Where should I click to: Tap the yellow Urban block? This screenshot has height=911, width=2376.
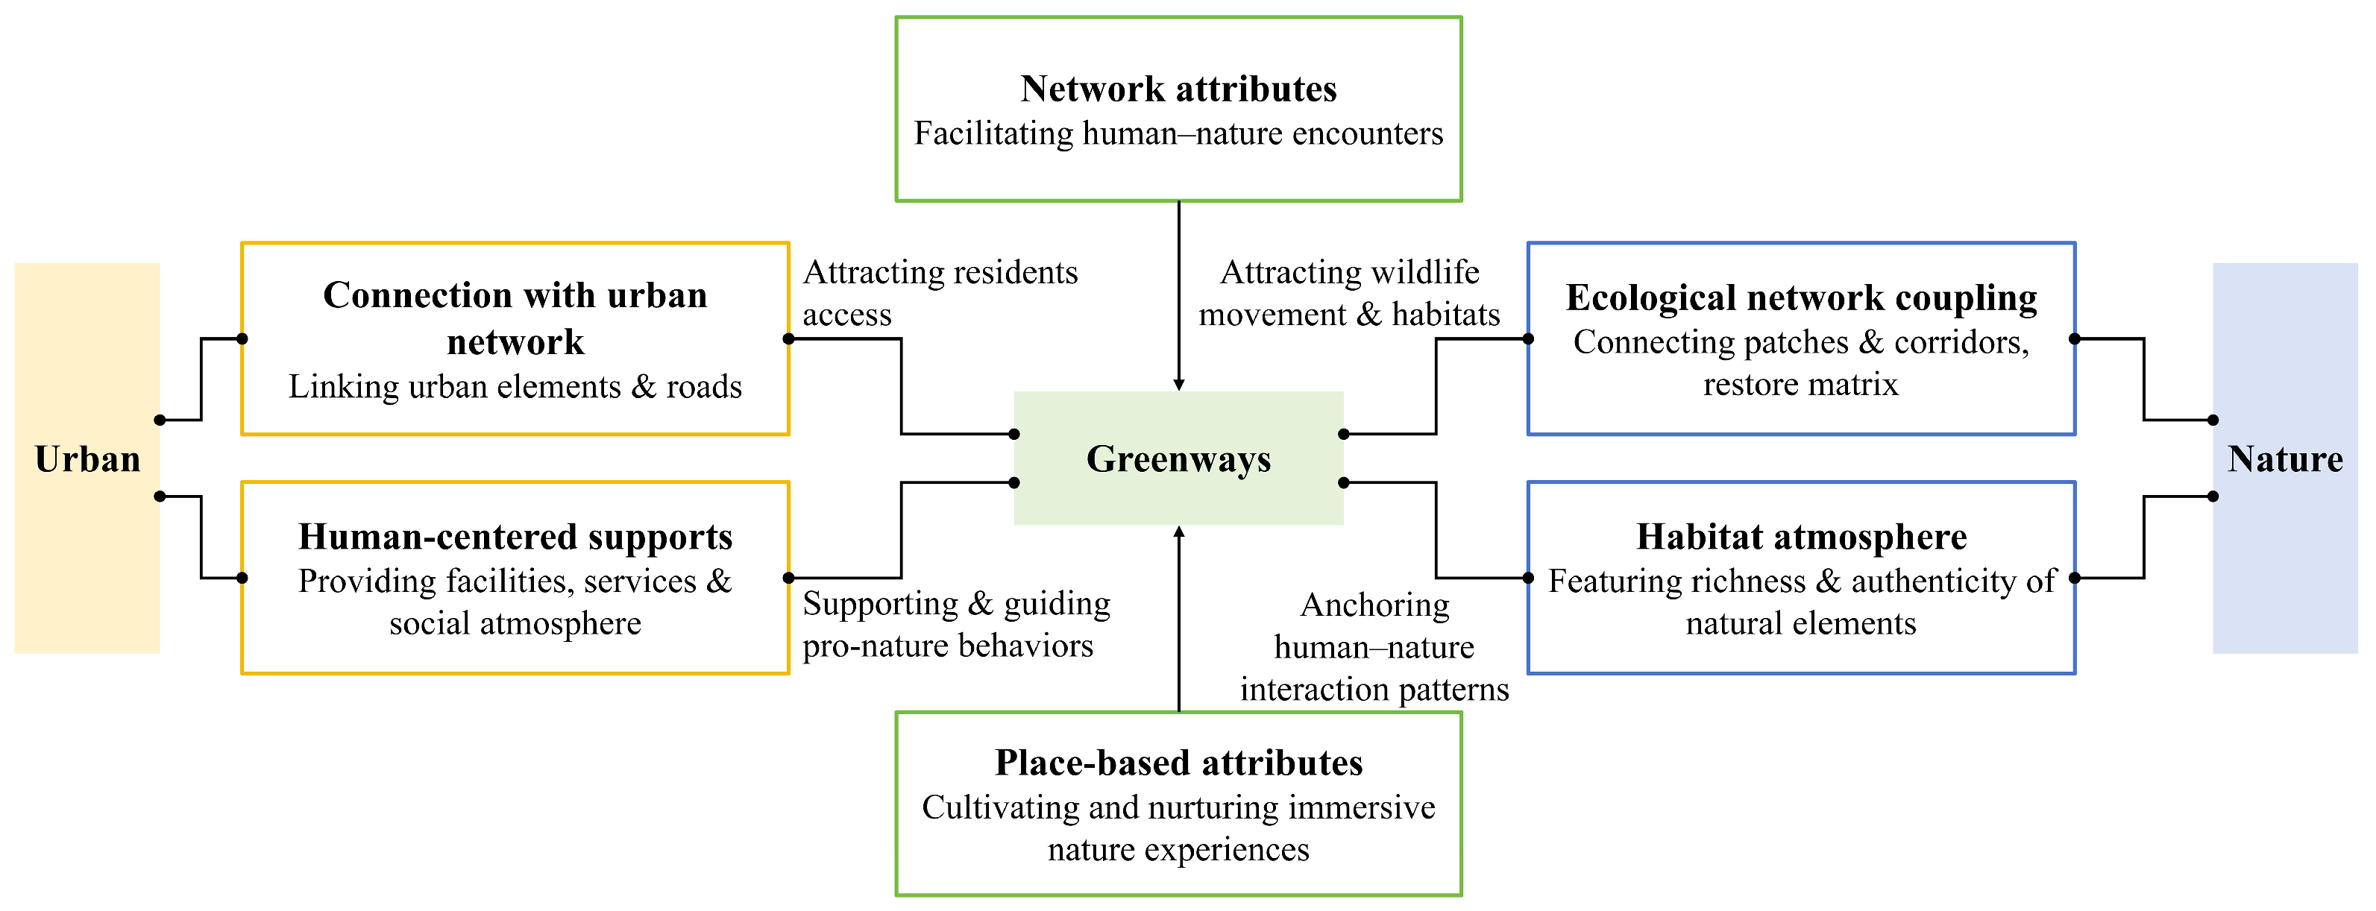pyautogui.click(x=87, y=458)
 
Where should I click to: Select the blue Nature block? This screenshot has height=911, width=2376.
pyautogui.click(x=2285, y=458)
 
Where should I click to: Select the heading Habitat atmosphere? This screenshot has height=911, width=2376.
pyautogui.click(x=1800, y=537)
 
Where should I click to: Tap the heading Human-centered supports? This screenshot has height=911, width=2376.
pyautogui.click(x=515, y=537)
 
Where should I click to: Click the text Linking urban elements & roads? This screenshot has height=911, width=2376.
pyautogui.click(x=515, y=386)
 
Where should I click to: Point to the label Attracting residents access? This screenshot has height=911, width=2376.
pyautogui.click(x=939, y=293)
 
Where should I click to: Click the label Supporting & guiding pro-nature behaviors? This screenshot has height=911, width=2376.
pyautogui.click(x=955, y=624)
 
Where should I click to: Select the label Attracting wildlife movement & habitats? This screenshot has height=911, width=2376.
pyautogui.click(x=1348, y=293)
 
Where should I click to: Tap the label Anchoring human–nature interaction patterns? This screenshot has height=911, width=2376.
pyautogui.click(x=1374, y=647)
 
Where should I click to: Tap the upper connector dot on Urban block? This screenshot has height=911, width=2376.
pyautogui.click(x=160, y=420)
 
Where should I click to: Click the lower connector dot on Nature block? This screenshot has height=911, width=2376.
pyautogui.click(x=2213, y=496)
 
